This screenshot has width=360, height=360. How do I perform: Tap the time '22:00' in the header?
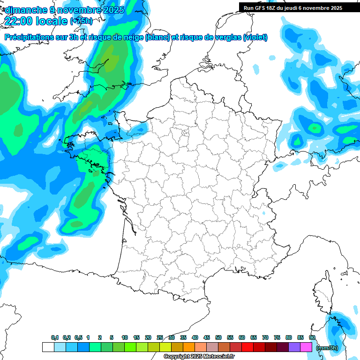point(19,21)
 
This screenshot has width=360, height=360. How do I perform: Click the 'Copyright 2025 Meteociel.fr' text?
point(199,357)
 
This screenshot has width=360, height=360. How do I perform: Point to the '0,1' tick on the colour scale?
point(54,338)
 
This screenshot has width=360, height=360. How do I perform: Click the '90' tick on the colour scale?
point(312,338)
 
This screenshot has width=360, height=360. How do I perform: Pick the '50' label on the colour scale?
point(218,338)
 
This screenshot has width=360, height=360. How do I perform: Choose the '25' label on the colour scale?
point(160,338)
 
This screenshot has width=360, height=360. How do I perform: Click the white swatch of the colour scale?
point(48,347)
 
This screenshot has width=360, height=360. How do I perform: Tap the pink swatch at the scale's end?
point(306,347)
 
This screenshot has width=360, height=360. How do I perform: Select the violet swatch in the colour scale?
point(294,347)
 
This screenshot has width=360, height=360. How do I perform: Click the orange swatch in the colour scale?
point(189,347)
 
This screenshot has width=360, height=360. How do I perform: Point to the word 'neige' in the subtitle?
point(133,37)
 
